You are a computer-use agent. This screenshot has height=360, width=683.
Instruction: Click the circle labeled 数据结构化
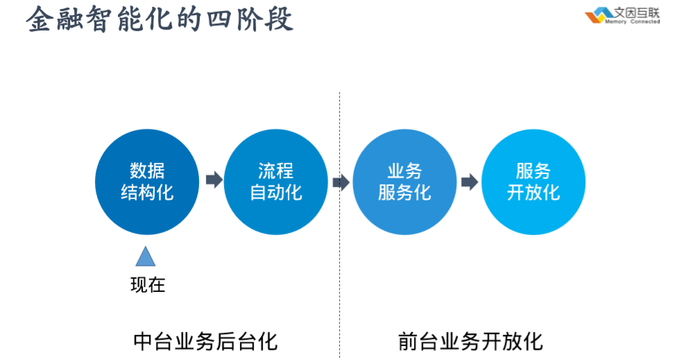click(x=147, y=182)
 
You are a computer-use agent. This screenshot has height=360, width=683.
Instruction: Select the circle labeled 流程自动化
click(x=275, y=182)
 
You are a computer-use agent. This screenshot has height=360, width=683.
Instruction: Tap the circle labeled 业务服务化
click(x=404, y=182)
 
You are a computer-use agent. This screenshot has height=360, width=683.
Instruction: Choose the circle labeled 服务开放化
click(x=533, y=182)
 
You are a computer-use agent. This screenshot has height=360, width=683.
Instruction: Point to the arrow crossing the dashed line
click(x=340, y=182)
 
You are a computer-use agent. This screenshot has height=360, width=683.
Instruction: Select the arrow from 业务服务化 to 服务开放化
click(x=469, y=182)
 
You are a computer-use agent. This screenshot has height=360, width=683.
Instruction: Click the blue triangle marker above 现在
click(x=145, y=257)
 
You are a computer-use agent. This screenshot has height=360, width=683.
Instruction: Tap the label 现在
click(x=148, y=284)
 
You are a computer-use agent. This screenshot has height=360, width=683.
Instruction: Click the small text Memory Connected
click(x=632, y=22)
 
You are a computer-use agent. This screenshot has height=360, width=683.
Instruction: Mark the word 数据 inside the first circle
click(x=147, y=171)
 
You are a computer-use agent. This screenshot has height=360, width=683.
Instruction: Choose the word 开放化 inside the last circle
click(x=533, y=193)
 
